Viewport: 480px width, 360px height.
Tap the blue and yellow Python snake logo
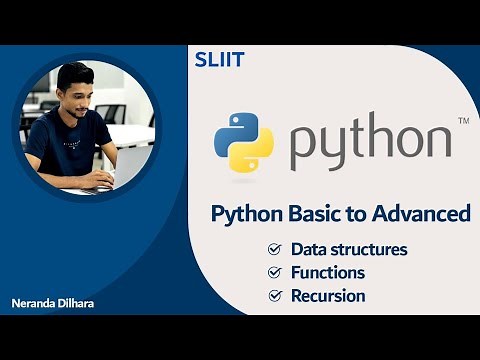coord(243,144)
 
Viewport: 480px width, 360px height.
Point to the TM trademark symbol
coord(462,121)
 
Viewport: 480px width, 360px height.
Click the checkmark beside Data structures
coord(274,249)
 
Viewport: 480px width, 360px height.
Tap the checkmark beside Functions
coord(274,272)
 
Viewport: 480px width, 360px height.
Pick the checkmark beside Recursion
coord(274,296)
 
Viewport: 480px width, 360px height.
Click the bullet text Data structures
coord(349,249)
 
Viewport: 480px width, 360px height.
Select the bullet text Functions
coord(327,272)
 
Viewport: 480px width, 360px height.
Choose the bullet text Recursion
coord(327,296)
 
